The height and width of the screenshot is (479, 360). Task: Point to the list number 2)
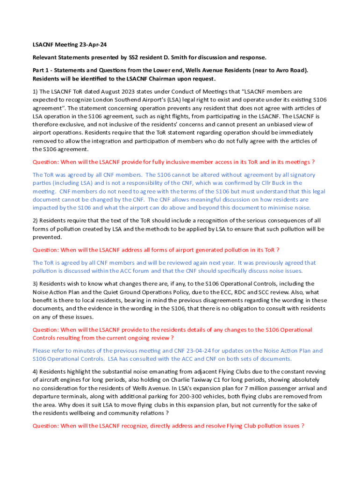tap(35, 220)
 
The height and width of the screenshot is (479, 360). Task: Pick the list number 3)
tap(35, 283)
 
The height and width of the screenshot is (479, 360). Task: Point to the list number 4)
tap(35, 371)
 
